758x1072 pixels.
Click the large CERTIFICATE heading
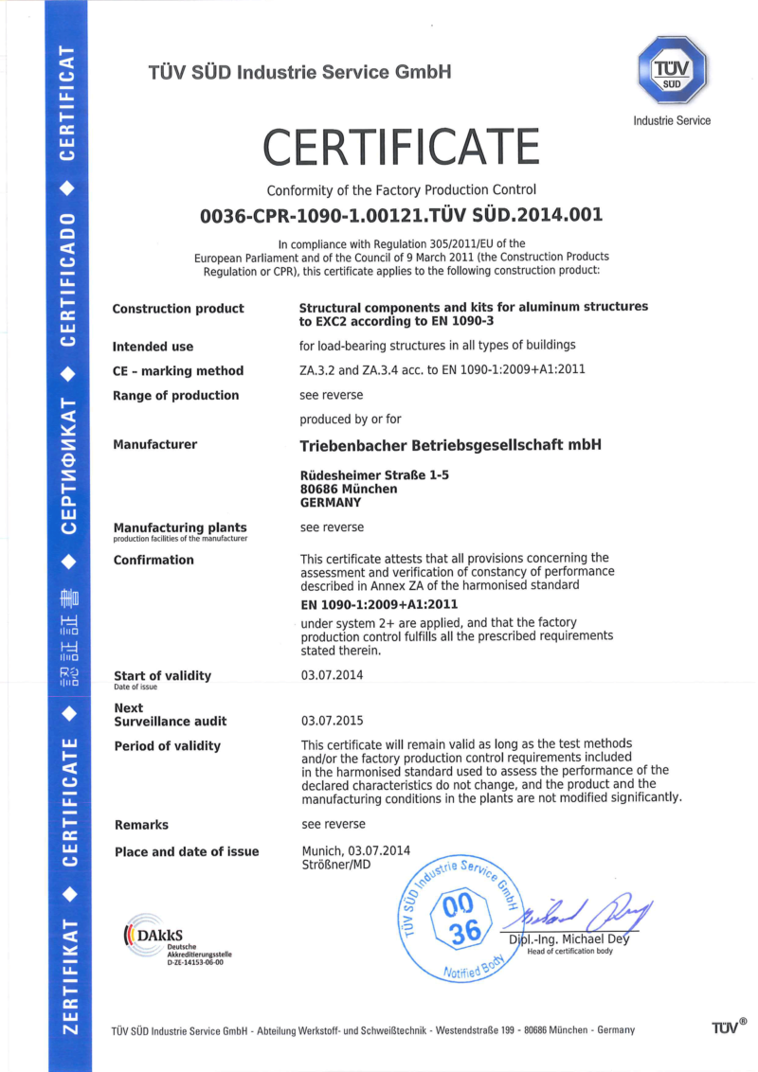pyautogui.click(x=401, y=147)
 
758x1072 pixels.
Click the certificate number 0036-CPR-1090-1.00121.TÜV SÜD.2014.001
pyautogui.click(x=401, y=215)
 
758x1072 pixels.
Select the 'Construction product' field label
pyautogui.click(x=178, y=309)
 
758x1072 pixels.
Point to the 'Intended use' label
pyautogui.click(x=153, y=346)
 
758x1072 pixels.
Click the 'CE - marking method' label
pyautogui.click(x=178, y=370)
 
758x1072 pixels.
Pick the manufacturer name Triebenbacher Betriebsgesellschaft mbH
pyautogui.click(x=450, y=445)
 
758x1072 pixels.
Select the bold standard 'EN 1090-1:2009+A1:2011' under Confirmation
pyautogui.click(x=378, y=603)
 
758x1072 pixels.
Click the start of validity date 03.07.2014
pyautogui.click(x=332, y=675)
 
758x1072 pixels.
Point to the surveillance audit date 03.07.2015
pyautogui.click(x=332, y=721)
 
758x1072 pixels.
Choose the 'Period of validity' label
pyautogui.click(x=167, y=746)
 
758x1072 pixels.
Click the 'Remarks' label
pyautogui.click(x=141, y=825)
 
